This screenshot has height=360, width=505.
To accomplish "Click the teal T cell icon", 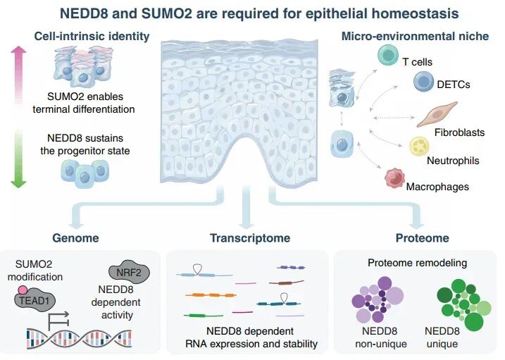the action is pyautogui.click(x=388, y=55).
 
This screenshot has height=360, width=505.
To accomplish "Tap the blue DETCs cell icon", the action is pyautogui.click(x=423, y=82).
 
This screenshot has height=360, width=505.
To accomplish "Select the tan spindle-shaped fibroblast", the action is pyautogui.click(x=437, y=114).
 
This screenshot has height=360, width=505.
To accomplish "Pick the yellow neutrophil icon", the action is pyautogui.click(x=419, y=147).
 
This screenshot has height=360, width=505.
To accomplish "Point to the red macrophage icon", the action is pyautogui.click(x=395, y=178).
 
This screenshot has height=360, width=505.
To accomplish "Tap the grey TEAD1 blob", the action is pyautogui.click(x=35, y=301).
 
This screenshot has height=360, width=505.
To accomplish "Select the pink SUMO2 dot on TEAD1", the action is pyautogui.click(x=23, y=290).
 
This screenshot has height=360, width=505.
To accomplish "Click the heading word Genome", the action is pyautogui.click(x=75, y=238).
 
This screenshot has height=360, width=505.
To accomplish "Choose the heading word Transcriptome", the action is pyautogui.click(x=250, y=238).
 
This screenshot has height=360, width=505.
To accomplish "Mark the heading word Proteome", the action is pyautogui.click(x=422, y=238).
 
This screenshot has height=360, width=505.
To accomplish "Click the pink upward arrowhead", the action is pyautogui.click(x=18, y=50).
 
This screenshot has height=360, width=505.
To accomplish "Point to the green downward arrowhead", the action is pyautogui.click(x=18, y=184).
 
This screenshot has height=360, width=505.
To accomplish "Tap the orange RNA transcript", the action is pyautogui.click(x=211, y=295).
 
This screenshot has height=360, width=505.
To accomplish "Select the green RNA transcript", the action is pyautogui.click(x=204, y=316).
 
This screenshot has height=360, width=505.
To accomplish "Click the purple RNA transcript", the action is pyautogui.click(x=291, y=267).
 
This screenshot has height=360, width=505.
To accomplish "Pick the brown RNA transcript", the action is pyautogui.click(x=287, y=283).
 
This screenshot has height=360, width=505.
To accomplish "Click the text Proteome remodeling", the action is pyautogui.click(x=418, y=263).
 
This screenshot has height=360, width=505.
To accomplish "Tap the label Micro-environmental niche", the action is pyautogui.click(x=415, y=36).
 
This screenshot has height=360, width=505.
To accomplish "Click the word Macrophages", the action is pyautogui.click(x=437, y=187).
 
